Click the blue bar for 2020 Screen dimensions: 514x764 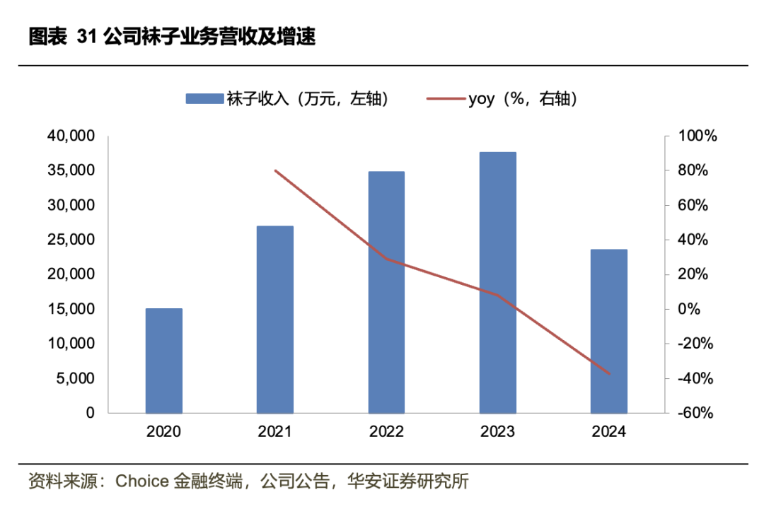163,361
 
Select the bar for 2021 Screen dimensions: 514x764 275,320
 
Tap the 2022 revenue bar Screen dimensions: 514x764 386,292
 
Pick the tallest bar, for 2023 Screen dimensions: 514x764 497,282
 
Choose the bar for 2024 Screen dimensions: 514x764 608,331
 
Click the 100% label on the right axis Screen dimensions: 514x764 697,136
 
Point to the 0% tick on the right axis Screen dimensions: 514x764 690,309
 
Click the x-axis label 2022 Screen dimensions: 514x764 386,432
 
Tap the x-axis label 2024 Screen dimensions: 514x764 608,432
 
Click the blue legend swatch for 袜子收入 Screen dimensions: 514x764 204,99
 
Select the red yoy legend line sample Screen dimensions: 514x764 445,99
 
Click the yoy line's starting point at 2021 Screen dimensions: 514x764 275,170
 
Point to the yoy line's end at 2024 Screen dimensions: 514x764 608,374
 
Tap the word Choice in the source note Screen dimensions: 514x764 140,482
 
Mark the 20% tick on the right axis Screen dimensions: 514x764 693,274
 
